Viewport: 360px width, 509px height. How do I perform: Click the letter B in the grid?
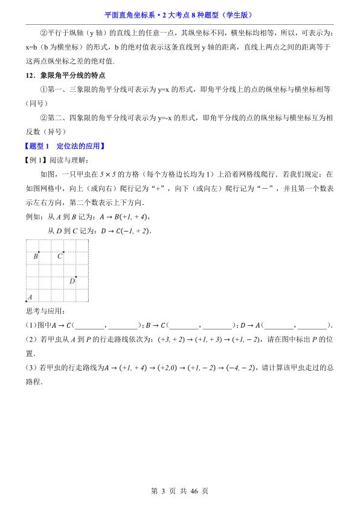36,256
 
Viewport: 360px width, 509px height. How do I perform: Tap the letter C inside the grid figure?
60,256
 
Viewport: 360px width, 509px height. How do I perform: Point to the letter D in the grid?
72,280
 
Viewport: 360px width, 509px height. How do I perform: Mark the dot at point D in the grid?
76,276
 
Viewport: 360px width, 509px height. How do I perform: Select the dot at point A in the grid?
27,300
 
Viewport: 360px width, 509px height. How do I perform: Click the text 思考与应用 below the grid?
43,312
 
